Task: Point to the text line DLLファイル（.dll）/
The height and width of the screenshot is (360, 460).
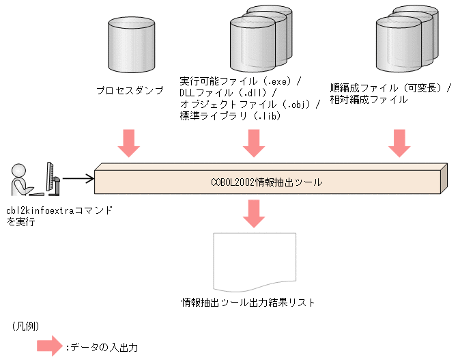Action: tap(228, 92)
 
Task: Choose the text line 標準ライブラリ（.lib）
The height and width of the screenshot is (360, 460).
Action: tap(231, 116)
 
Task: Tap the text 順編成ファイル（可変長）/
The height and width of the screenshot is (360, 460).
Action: tap(391, 88)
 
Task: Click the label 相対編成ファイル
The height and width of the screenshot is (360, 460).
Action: tap(369, 100)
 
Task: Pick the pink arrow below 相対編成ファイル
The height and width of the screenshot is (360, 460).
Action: tap(398, 142)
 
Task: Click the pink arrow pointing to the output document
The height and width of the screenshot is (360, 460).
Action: tap(254, 214)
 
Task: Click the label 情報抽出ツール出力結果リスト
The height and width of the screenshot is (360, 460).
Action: tap(248, 301)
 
